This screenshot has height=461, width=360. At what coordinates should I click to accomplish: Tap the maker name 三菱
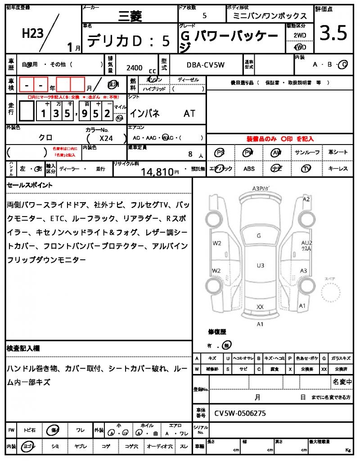[x=130, y=16]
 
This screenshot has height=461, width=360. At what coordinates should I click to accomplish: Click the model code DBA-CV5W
[x=205, y=65]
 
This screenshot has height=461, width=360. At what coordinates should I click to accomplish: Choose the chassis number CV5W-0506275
[x=240, y=413]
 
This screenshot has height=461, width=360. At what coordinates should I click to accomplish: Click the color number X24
[x=106, y=139]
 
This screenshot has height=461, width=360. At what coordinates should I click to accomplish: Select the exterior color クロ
[x=45, y=138]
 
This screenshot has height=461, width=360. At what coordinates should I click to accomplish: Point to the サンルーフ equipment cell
[x=307, y=153]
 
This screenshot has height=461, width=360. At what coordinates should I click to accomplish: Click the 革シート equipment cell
[x=337, y=153]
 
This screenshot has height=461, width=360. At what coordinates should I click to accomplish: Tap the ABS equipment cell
[x=249, y=169]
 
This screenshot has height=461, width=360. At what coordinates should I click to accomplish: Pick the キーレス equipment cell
[x=337, y=169]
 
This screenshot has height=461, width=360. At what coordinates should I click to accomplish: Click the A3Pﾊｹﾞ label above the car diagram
[x=261, y=188]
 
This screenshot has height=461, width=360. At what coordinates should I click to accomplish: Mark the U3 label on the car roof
[x=261, y=265]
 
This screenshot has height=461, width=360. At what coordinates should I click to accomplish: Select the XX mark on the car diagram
[x=260, y=307]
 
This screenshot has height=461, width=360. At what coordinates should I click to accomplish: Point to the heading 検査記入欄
[x=23, y=348]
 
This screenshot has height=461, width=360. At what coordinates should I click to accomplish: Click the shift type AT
[x=189, y=113]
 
